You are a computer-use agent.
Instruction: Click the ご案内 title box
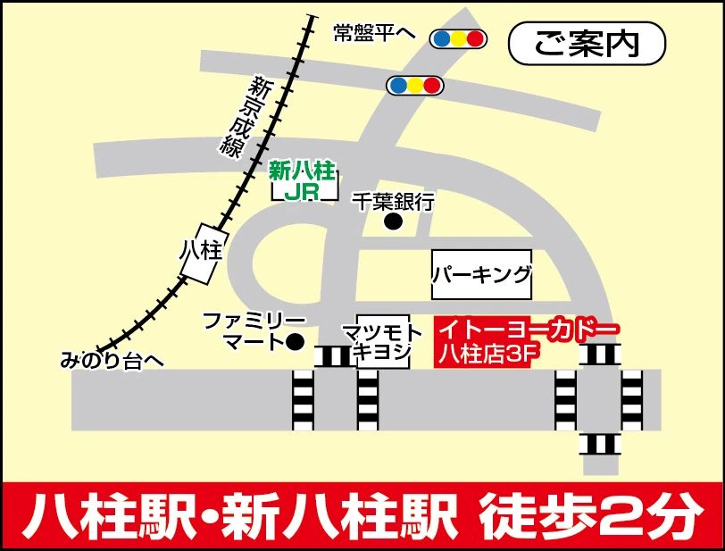[587, 43]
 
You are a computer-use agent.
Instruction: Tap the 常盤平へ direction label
[375, 32]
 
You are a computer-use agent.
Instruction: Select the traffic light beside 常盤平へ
[457, 38]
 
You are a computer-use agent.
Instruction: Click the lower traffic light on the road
[414, 85]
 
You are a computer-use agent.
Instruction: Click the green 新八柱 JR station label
[304, 180]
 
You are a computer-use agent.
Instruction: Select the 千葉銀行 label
[393, 202]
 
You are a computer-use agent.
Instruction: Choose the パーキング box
[481, 274]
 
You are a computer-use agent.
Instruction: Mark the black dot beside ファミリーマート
[296, 341]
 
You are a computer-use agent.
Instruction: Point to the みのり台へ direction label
[113, 361]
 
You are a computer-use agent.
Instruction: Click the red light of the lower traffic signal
[432, 85]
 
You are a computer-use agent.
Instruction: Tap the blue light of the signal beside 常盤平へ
[439, 38]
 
